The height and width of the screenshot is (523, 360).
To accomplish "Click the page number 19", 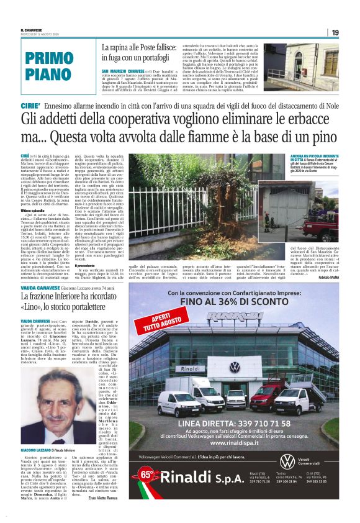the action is [x=335, y=32].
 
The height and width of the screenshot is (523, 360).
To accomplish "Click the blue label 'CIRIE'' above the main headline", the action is [x=30, y=107].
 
